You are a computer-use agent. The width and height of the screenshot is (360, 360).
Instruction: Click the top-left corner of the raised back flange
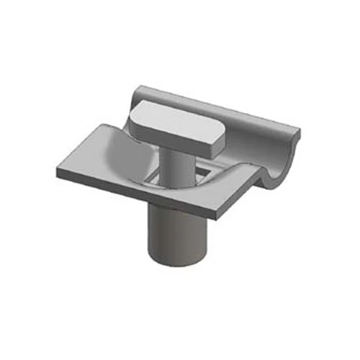pos(141,88)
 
